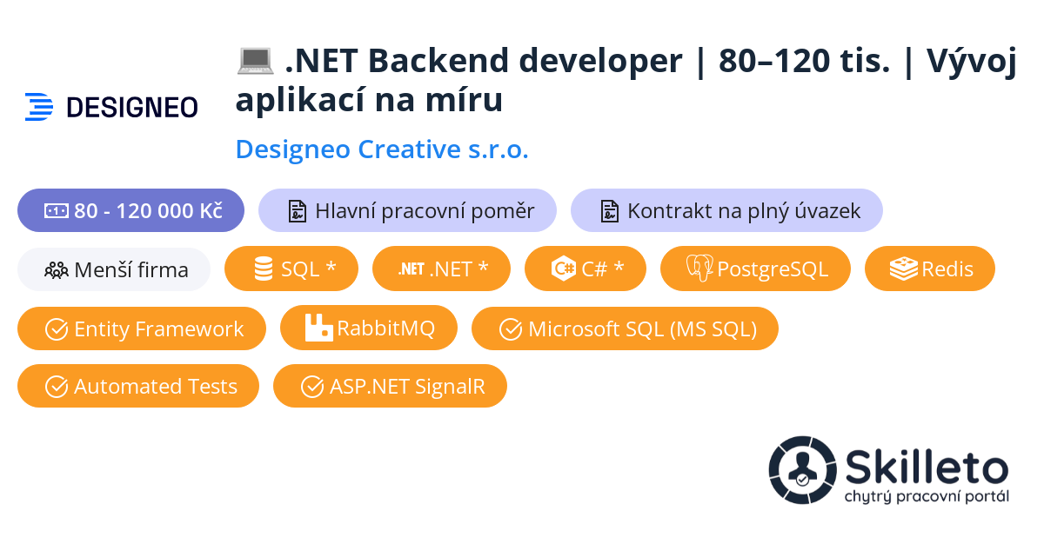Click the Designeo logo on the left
point(111,106)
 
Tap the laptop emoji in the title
point(255,61)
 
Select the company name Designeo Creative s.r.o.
point(382,149)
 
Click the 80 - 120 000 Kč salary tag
point(130,210)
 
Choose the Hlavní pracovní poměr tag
point(407,210)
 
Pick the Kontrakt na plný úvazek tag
point(726,210)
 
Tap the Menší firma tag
point(114,269)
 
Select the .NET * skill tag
point(441,269)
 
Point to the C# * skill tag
point(586,269)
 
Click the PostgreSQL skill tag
point(755,269)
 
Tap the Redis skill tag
point(929,269)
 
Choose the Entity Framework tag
point(142,328)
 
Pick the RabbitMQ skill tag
point(368,328)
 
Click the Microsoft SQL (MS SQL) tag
point(625,328)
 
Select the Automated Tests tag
point(138,386)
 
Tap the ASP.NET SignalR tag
point(390,386)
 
